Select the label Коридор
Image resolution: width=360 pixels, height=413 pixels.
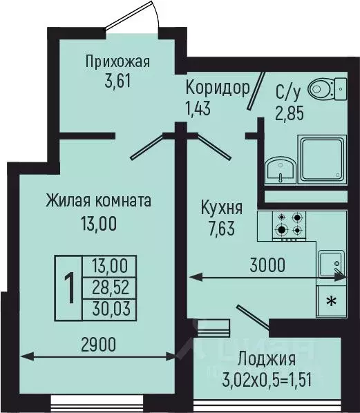pos(217,88)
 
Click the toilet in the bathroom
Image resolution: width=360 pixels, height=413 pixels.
pos(322,88)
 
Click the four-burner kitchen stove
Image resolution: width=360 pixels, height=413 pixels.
pos(289,222)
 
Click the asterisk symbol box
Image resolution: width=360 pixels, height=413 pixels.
pos(332,300)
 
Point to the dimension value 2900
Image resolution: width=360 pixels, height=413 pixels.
pos(98,343)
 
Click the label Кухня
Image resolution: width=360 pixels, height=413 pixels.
pos(220,207)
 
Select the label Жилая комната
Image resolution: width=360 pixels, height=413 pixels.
pos(98,201)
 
